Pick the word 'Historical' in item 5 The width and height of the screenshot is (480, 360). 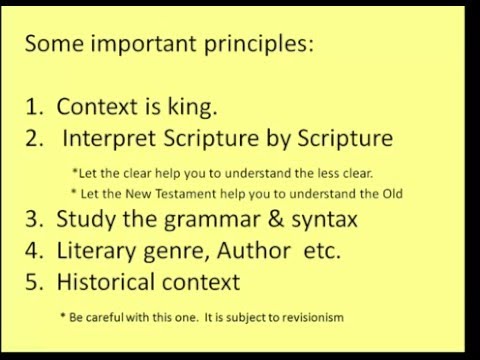105,282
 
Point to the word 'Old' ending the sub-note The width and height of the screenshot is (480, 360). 390,193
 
